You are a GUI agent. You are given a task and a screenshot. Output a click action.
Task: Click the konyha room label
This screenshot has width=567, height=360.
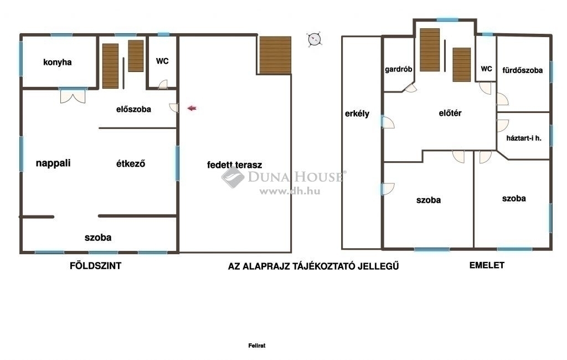(57, 62)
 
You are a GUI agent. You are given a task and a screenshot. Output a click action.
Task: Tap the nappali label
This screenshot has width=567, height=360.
(53, 163)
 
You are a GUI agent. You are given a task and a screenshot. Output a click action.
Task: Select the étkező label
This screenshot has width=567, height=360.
(131, 163)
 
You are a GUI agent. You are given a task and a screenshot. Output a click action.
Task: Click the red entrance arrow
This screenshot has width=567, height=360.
(192, 108)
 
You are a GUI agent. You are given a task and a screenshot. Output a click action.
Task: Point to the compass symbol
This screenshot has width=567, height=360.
(314, 39)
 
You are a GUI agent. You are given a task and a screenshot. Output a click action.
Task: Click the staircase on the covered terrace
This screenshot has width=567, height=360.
(275, 55)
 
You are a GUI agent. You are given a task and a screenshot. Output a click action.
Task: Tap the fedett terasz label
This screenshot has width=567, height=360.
(234, 165)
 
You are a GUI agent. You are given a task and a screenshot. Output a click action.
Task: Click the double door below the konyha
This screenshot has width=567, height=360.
(73, 96)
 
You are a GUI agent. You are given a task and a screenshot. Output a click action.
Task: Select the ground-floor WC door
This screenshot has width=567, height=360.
(163, 84)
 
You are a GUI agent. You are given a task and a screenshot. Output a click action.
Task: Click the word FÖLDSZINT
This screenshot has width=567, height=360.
(95, 266)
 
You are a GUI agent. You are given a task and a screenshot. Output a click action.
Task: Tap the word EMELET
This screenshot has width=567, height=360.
(487, 265)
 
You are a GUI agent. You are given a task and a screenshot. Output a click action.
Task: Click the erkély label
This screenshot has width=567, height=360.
(357, 114)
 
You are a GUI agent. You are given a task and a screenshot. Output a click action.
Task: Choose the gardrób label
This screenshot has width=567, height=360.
(399, 69)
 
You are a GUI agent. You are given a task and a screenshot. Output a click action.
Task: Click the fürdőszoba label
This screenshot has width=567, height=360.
(522, 70)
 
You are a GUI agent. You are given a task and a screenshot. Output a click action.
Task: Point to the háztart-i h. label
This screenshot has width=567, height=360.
(524, 138)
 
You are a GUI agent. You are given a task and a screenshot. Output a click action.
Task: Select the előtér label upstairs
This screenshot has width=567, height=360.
(450, 113)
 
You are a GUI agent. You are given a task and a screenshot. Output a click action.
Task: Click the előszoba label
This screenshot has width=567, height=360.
(133, 109)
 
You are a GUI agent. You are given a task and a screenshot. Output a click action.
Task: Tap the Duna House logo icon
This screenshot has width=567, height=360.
(233, 177)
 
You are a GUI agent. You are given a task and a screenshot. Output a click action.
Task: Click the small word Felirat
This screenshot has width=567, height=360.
(257, 346)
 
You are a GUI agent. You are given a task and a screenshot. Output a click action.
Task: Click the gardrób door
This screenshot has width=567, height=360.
(411, 88)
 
